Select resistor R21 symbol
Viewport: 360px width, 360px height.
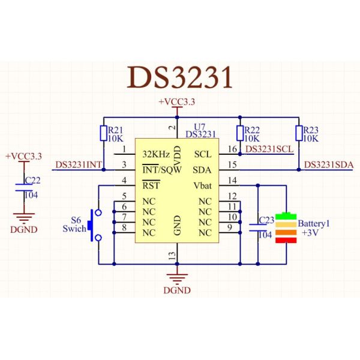103,133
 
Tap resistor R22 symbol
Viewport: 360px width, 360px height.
240,133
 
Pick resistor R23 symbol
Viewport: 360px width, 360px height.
298,133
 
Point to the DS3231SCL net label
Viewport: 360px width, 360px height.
269,149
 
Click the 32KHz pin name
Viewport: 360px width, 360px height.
155,154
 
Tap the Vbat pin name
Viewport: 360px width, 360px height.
203,185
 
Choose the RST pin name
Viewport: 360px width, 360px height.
151,185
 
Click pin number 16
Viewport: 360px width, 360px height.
233,149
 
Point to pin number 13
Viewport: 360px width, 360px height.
172,256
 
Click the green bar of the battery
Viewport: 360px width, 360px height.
286,216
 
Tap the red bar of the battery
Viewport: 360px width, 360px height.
286,240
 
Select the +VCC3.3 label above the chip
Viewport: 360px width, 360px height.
178,103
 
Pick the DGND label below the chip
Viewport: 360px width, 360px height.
177,290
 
